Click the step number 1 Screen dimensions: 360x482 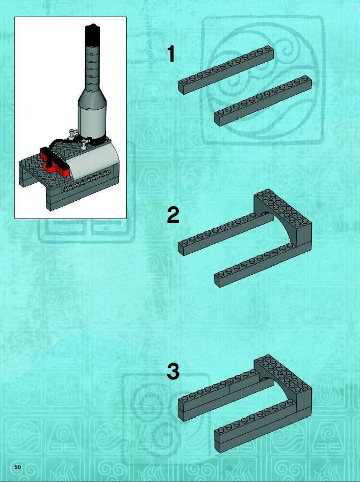coord(171,54)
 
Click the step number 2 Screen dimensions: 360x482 coord(173,215)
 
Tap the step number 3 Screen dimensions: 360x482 coord(173,371)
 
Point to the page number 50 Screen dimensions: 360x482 coord(18,467)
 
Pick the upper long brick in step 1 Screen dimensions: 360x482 coord(226,70)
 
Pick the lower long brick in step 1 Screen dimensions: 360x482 coord(263,101)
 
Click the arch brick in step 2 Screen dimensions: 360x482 coord(283,221)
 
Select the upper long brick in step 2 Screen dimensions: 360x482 coord(226,234)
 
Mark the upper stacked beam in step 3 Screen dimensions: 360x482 coord(226,396)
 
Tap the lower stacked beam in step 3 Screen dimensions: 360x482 coord(263,427)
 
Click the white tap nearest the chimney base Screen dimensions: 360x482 coord(85,143)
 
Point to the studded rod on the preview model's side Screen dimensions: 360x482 coord(87,181)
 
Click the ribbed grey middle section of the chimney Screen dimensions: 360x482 coord(92,67)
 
